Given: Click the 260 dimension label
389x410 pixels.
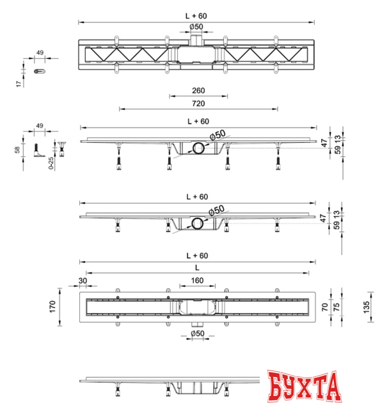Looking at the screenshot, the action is [198, 90].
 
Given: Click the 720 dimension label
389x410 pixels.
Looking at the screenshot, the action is [198, 104].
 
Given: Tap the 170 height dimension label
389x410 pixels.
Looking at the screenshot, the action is [52, 306].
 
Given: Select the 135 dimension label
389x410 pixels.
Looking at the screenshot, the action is [366, 307].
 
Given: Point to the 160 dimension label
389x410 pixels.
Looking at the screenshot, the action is [197, 281].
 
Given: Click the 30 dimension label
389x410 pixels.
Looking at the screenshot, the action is [83, 281].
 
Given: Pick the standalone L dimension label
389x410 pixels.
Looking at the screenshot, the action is [197, 268].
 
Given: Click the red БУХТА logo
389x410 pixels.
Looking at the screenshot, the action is [304, 386].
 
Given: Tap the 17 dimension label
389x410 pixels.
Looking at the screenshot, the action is [19, 84].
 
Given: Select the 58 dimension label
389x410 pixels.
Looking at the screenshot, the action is [17, 150].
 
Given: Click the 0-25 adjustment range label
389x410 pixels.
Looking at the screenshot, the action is [51, 163].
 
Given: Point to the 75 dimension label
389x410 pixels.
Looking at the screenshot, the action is [337, 307].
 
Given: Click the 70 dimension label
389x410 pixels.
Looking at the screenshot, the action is [324, 307].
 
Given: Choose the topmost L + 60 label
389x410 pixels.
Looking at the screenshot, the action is [196, 16].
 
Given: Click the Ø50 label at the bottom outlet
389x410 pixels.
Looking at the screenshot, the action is [197, 333].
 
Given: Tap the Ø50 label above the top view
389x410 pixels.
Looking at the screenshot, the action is [196, 27].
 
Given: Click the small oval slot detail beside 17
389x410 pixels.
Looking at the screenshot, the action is [40, 71].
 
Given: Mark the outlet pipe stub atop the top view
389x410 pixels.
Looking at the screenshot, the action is [196, 40].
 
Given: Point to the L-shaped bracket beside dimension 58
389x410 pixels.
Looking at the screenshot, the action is [38, 151].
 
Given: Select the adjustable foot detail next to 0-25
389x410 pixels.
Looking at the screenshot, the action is [62, 149].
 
